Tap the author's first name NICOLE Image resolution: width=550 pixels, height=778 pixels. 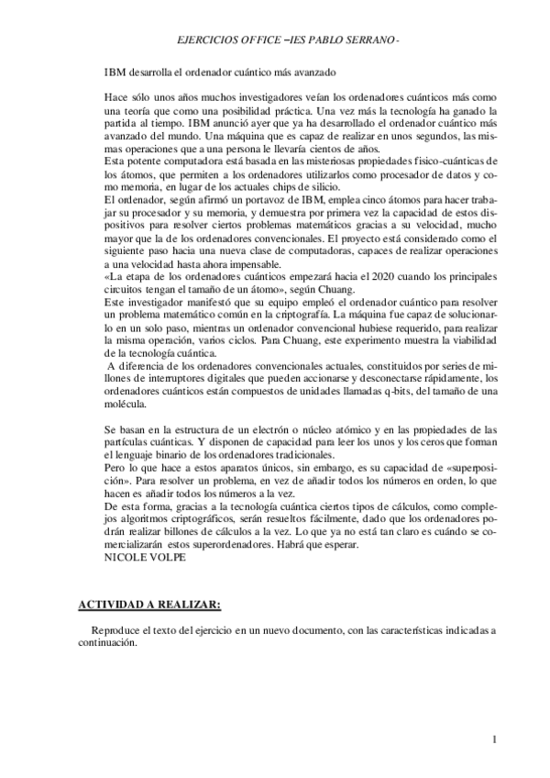[x=124, y=556]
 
